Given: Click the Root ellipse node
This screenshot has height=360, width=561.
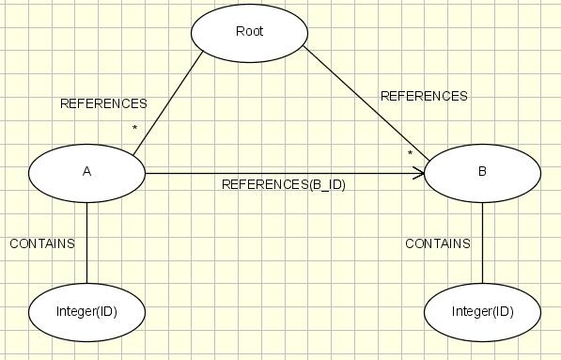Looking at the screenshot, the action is (249, 33).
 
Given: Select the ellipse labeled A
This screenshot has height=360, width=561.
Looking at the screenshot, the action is (87, 173).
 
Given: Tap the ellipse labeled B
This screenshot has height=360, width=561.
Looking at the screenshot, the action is (482, 173).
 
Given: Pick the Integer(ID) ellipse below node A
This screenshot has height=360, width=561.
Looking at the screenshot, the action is (87, 312).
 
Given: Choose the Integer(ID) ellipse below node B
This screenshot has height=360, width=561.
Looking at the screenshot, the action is (482, 312).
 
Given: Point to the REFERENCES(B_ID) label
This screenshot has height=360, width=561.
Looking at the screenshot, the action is (284, 185).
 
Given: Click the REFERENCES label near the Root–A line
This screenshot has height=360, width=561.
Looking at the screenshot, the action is (103, 103).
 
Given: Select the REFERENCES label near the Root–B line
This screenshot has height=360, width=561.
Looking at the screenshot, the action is (424, 96).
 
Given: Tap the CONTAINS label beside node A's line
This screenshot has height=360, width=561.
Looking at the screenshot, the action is (42, 243).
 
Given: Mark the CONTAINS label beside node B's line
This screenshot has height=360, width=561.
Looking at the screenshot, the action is (438, 243).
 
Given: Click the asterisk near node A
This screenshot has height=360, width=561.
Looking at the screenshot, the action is (135, 128).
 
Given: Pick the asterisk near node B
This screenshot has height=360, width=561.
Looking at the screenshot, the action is (410, 153).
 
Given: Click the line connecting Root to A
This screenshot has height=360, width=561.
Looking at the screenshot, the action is (168, 103).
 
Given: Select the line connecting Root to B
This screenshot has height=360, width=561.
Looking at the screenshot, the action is (366, 103).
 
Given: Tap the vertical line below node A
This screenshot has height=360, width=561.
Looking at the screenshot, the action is (87, 243).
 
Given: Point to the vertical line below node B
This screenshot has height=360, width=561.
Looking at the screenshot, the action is (482, 243).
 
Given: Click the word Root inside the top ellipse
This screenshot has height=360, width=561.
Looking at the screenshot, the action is (249, 31).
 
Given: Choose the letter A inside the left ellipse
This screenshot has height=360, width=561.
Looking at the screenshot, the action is (87, 172).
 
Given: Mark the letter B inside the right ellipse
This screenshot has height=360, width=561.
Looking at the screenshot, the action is (482, 171).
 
